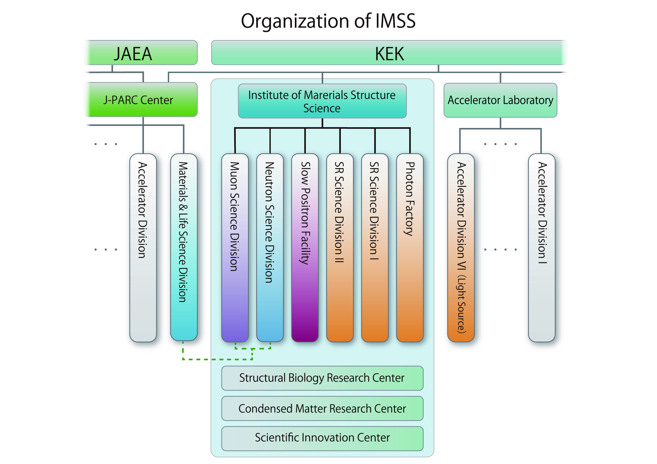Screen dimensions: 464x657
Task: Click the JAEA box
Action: (x=142, y=53)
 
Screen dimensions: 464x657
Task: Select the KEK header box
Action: (x=389, y=53)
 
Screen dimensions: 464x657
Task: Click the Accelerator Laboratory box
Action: (x=500, y=100)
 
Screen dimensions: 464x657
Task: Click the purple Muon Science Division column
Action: (x=235, y=248)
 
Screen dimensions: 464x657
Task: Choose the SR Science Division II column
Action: (x=340, y=248)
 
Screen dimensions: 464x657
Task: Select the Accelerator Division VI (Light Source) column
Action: (x=461, y=248)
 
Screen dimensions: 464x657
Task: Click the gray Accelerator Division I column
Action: (x=541, y=248)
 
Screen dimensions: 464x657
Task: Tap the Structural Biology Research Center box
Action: (x=322, y=378)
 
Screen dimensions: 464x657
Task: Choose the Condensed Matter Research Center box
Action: (x=322, y=408)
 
